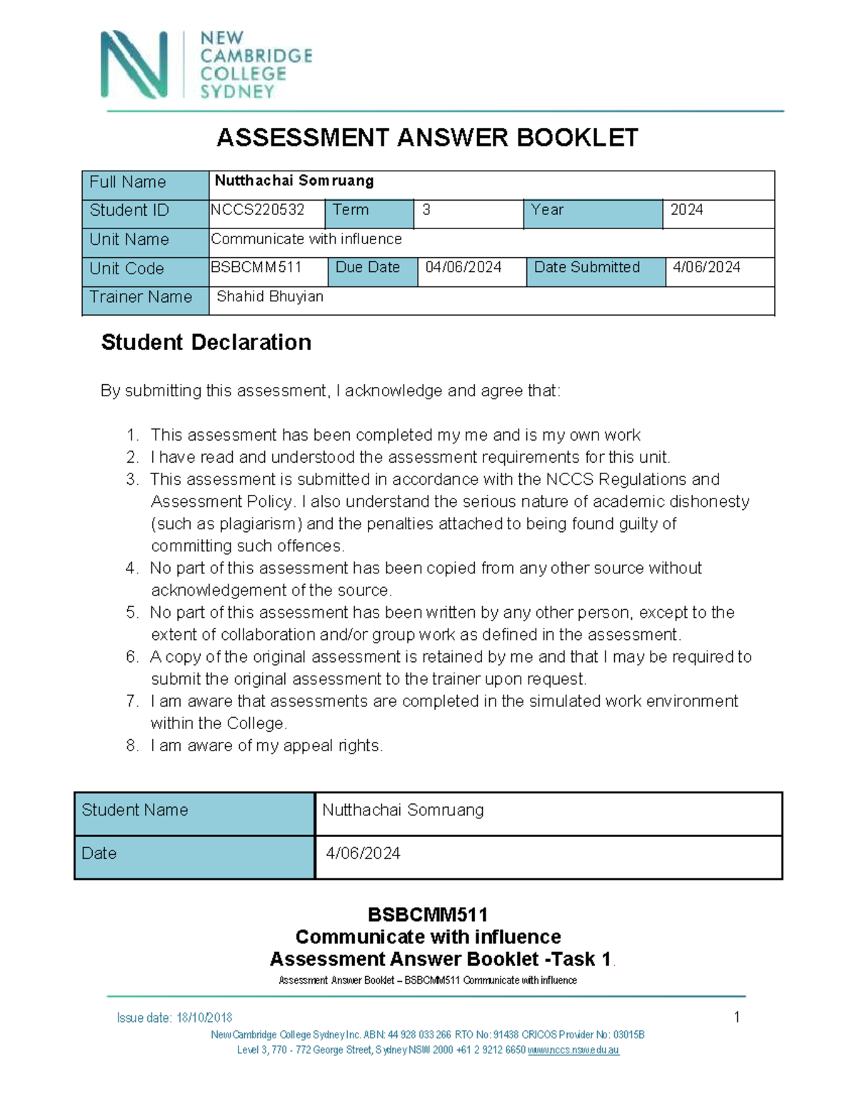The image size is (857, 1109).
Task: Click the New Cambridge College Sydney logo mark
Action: tap(134, 64)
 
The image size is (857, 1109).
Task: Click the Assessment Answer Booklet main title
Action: tap(427, 138)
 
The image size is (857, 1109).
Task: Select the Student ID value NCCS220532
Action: tap(258, 210)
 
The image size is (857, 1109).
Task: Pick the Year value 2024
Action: tap(686, 210)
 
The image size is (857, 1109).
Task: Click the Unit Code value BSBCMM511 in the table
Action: tap(256, 268)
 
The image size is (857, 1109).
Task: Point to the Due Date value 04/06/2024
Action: tap(463, 268)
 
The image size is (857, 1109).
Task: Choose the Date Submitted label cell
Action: tap(587, 268)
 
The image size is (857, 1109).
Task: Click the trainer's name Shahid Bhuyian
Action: tap(270, 297)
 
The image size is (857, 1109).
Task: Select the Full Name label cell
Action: tap(128, 183)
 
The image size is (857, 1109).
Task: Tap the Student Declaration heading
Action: tap(206, 343)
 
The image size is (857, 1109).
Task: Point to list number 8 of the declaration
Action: tap(132, 746)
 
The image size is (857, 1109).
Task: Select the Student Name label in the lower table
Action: tap(135, 811)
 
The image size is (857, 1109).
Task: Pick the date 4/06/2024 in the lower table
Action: tap(363, 854)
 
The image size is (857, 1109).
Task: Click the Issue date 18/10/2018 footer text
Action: tap(174, 1018)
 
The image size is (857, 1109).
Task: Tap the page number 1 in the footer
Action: tap(737, 1018)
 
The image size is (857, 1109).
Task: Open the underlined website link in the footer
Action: tap(573, 1050)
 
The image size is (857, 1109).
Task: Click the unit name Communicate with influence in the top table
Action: tap(306, 239)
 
